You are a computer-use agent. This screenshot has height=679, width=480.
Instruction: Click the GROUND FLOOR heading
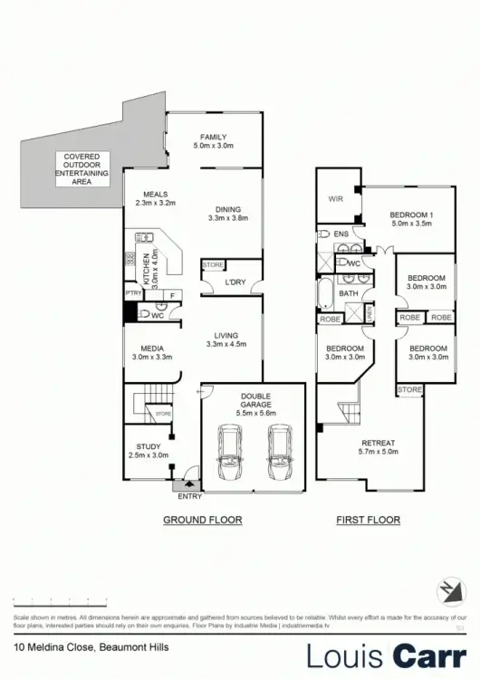(202, 520)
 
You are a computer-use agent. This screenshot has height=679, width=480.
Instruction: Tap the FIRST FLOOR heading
(369, 520)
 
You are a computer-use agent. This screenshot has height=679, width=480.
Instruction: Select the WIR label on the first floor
(335, 198)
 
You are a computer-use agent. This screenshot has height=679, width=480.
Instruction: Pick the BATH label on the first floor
(349, 293)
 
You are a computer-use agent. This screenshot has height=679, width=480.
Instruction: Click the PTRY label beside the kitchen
(131, 293)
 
